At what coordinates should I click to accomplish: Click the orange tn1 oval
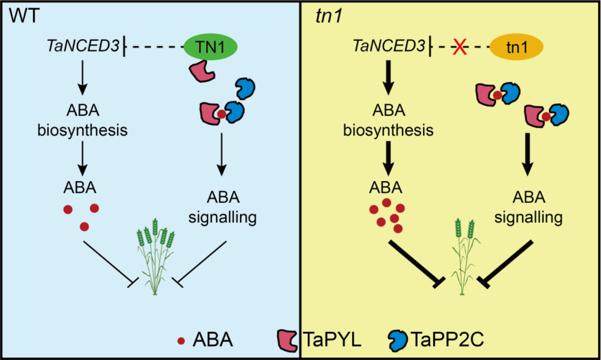(x=517, y=47)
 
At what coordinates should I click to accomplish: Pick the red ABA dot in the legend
(x=180, y=341)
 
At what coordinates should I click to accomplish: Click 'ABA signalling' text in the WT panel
(x=222, y=207)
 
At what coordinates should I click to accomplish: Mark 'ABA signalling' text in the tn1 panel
(x=528, y=207)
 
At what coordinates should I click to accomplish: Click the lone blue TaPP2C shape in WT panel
(x=246, y=88)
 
